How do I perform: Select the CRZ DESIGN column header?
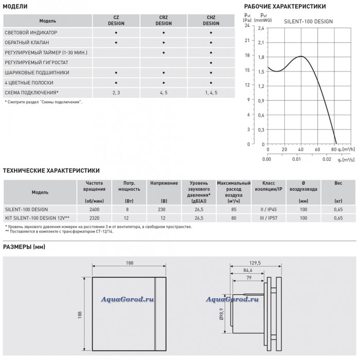(164, 21)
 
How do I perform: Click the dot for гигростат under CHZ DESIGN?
(211, 62)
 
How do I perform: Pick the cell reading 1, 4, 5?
(211, 92)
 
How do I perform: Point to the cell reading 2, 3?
(116, 92)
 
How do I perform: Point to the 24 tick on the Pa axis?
(247, 25)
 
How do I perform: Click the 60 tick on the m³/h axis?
(317, 150)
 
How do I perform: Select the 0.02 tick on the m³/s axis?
(327, 159)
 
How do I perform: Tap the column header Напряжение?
(164, 183)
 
